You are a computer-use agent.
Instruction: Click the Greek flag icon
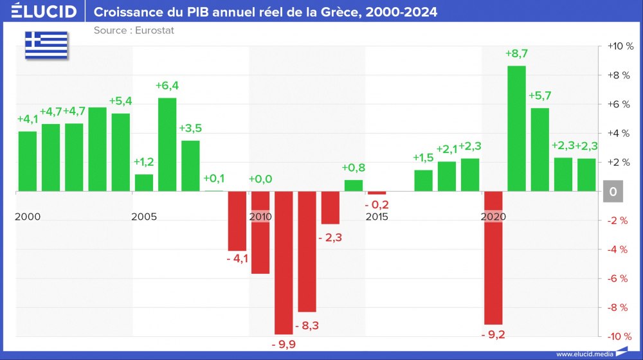(x=46, y=44)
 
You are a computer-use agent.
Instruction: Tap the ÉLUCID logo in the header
(x=44, y=12)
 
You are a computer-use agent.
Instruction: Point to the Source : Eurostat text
(x=134, y=30)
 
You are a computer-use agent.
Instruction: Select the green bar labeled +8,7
(x=516, y=129)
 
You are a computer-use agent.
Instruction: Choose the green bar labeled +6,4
(x=167, y=145)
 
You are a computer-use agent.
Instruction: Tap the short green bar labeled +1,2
(x=144, y=183)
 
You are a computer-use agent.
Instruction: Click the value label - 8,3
(x=306, y=325)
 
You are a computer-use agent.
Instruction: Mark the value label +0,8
(x=354, y=168)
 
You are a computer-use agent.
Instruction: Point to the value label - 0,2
(x=377, y=205)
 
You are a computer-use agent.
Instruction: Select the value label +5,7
(x=539, y=96)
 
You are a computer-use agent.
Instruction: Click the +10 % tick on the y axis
(x=619, y=46)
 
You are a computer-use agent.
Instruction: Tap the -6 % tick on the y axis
(x=619, y=278)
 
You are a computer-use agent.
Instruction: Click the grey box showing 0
(x=613, y=192)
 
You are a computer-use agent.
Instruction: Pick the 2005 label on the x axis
(x=143, y=217)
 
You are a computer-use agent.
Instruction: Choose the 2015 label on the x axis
(x=376, y=217)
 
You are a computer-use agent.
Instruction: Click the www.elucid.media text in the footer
(x=584, y=354)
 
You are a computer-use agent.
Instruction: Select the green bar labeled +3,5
(x=190, y=166)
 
